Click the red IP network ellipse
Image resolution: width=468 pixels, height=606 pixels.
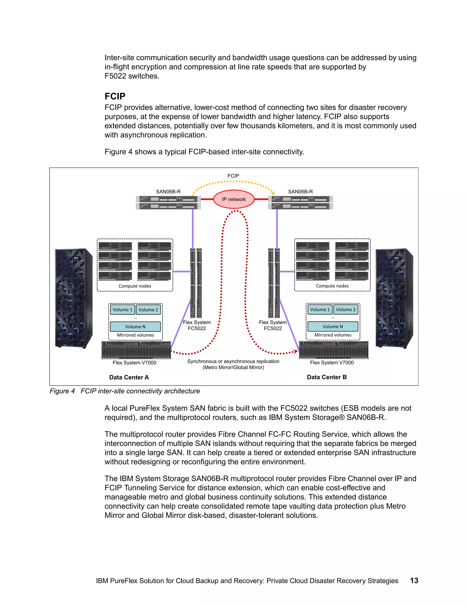pos(234,199)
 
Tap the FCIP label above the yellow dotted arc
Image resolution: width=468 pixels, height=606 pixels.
pos(233,176)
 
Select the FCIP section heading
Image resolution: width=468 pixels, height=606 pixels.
pos(115,96)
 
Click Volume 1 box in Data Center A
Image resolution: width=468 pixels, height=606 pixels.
pos(122,310)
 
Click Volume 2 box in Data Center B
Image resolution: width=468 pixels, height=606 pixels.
pos(346,310)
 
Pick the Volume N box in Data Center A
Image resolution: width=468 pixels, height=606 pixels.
pos(135,327)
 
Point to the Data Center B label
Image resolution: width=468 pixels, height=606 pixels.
pos(327,377)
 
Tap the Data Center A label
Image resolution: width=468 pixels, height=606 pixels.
pos(129,377)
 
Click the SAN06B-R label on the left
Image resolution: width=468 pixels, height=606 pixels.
pos(168,192)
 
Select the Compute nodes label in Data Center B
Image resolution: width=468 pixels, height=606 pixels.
pos(332,286)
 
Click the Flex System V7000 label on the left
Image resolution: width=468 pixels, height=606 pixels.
pos(134,363)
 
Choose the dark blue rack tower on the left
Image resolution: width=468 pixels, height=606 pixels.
pos(74,298)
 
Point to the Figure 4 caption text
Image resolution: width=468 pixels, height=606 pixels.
pos(125,391)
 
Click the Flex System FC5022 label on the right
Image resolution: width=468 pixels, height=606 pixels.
pos(273,325)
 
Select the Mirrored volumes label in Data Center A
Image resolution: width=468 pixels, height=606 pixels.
pos(135,335)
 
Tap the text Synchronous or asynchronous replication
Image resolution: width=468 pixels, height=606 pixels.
pos(233,361)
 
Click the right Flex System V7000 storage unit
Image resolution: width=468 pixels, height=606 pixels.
pos(334,350)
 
